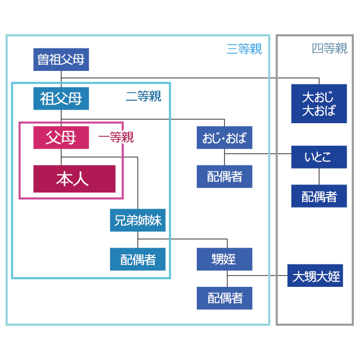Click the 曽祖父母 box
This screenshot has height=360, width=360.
click(61, 60)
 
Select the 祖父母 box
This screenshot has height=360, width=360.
click(61, 99)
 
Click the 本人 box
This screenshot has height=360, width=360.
click(74, 179)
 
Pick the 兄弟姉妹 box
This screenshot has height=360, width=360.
click(138, 220)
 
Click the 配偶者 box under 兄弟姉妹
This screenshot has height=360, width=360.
click(138, 259)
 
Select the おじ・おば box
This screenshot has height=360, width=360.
click(224, 138)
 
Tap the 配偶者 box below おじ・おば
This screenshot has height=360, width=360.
click(224, 177)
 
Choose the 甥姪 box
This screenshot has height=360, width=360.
click(224, 259)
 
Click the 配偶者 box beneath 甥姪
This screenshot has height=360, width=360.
click(224, 298)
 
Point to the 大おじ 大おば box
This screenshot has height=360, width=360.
click(319, 103)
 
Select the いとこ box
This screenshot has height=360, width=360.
click(319, 157)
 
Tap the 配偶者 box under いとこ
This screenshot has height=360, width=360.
click(319, 196)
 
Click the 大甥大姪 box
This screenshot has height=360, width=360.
click(315, 277)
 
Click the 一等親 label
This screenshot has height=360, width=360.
click(116, 137)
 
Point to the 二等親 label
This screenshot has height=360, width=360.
click(143, 97)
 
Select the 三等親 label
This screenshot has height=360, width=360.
click(244, 49)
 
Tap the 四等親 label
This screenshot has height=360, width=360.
click(330, 48)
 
